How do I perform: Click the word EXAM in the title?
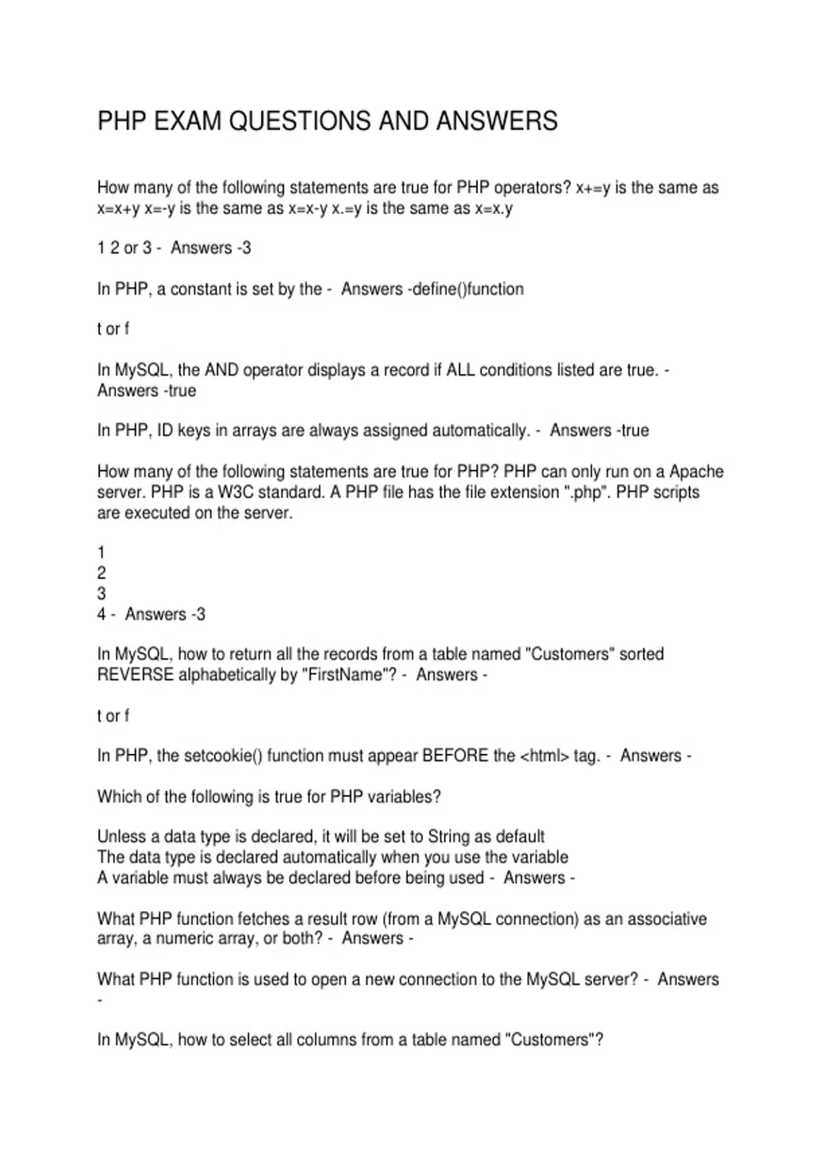tap(188, 121)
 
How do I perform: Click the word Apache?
tap(696, 472)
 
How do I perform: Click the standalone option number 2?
tap(102, 573)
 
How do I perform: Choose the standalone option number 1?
tap(102, 553)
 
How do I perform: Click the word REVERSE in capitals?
tap(135, 675)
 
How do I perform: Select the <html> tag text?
tap(545, 756)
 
